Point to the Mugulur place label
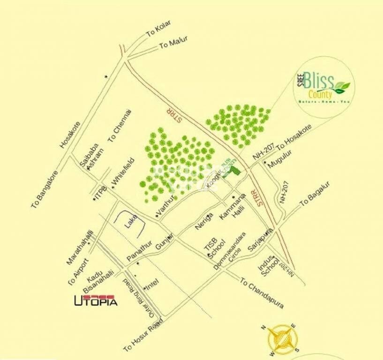(x=280, y=160)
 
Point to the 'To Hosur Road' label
(x=143, y=336)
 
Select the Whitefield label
(x=123, y=171)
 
